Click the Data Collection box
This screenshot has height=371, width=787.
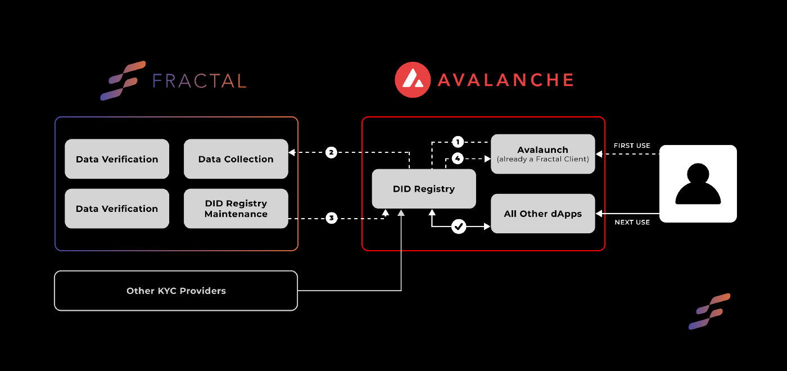pyautogui.click(x=236, y=159)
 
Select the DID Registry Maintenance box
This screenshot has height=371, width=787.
pyautogui.click(x=236, y=209)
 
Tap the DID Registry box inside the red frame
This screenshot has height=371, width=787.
pyautogui.click(x=424, y=189)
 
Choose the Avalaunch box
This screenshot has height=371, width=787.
pyautogui.click(x=543, y=154)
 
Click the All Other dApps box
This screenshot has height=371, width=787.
pyautogui.click(x=543, y=214)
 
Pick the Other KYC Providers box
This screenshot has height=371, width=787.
pyautogui.click(x=176, y=291)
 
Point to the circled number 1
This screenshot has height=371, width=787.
pyautogui.click(x=458, y=142)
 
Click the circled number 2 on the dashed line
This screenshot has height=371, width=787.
pyautogui.click(x=331, y=152)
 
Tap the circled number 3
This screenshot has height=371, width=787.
pyautogui.click(x=331, y=218)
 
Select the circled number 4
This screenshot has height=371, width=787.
pyautogui.click(x=458, y=159)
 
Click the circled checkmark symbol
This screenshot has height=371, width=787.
pyautogui.click(x=459, y=227)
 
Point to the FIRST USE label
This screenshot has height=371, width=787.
pyautogui.click(x=632, y=146)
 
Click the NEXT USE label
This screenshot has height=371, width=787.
pyautogui.click(x=632, y=222)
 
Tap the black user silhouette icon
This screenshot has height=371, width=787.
pyautogui.click(x=698, y=184)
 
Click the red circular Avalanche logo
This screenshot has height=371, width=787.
pyautogui.click(x=413, y=80)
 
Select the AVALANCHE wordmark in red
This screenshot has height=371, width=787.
pyautogui.click(x=506, y=80)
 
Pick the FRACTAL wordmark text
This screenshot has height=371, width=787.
pyautogui.click(x=200, y=81)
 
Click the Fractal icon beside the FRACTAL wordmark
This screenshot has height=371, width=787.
pyautogui.click(x=123, y=81)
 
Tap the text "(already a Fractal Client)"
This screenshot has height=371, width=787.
pyautogui.click(x=543, y=159)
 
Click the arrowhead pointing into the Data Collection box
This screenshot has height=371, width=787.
pyautogui.click(x=292, y=152)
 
